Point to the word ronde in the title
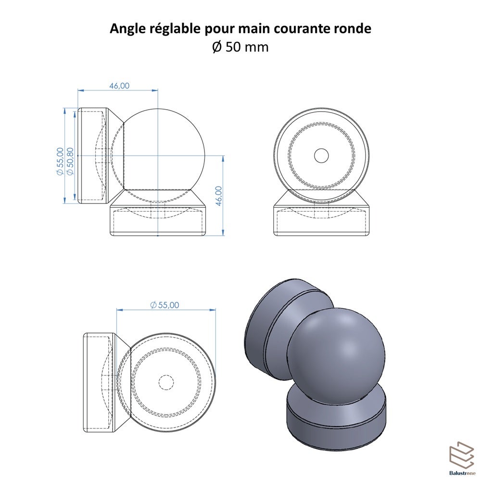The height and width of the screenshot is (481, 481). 355,29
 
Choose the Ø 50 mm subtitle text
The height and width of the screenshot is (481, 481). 240,47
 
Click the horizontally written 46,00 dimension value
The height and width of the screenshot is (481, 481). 119,86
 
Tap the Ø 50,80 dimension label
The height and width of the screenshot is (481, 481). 71,161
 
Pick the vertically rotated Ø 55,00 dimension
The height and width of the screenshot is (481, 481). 60,161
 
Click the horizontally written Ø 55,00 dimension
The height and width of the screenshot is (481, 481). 165,305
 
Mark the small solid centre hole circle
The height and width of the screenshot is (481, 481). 321,155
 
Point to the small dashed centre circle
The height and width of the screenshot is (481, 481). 166,382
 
